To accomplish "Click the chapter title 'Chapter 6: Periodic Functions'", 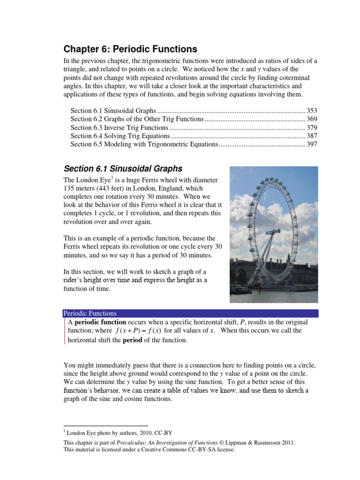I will (x=130, y=49).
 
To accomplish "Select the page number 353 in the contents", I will (x=312, y=111).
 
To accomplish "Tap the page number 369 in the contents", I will (x=312, y=119).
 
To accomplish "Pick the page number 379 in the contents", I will (x=312, y=127).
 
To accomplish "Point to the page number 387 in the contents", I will (x=312, y=136).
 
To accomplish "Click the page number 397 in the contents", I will (x=312, y=144).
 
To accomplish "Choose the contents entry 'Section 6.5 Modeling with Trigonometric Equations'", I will (x=144, y=144).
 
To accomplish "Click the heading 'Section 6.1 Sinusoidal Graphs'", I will (x=123, y=169).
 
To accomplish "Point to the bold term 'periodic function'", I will (x=100, y=322).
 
